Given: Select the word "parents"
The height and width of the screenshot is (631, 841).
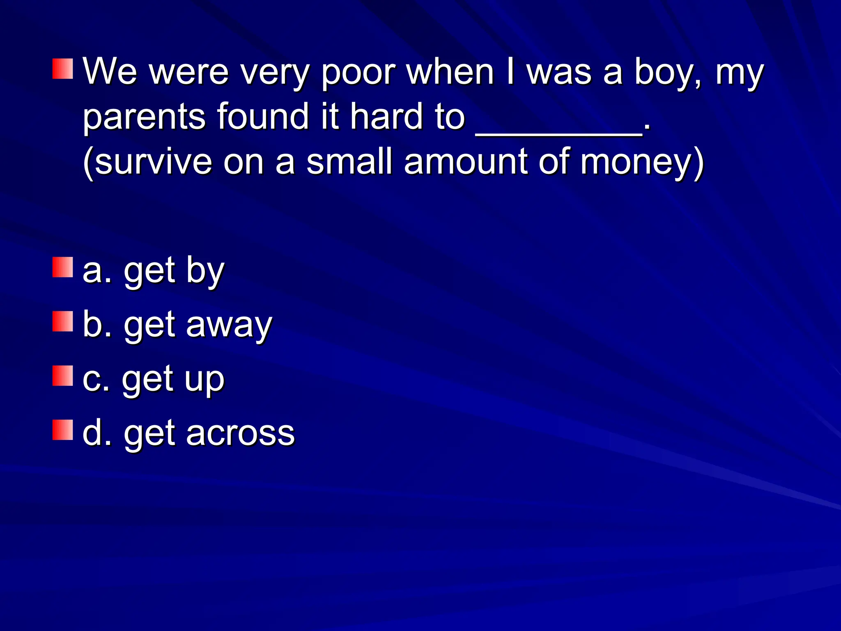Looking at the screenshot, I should tap(144, 117).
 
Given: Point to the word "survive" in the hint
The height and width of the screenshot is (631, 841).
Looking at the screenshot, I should tap(154, 162).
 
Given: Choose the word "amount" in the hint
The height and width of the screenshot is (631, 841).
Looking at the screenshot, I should tap(466, 162).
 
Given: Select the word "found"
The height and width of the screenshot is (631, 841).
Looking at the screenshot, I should tap(263, 117).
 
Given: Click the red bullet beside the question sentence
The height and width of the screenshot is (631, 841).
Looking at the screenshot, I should tap(63, 69).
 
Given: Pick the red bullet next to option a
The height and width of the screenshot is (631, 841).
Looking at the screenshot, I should tap(63, 267).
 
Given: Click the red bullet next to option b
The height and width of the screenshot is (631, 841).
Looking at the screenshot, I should tap(63, 321).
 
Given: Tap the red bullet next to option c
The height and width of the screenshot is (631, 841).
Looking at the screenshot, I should tap(63, 376).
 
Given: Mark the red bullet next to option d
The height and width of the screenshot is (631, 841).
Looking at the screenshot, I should tap(63, 430).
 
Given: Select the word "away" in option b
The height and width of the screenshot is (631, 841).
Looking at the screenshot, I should tap(229, 325).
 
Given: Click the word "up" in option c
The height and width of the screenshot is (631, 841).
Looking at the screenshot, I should tap(204, 380).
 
